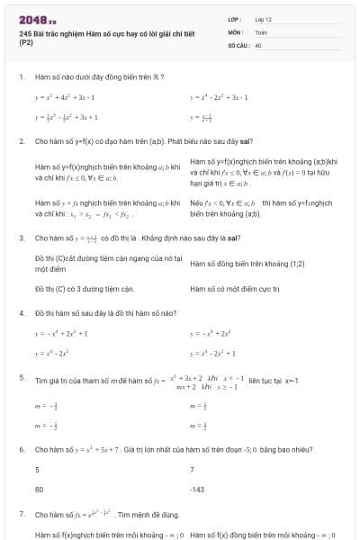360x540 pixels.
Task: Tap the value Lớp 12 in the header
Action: click(264, 19)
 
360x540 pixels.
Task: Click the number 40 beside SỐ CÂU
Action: click(258, 43)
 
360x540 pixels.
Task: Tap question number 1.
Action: click(21, 77)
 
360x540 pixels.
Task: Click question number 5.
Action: click(21, 379)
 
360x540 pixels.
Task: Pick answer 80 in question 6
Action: click(40, 490)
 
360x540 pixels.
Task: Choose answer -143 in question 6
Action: click(198, 490)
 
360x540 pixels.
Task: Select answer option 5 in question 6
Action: click(37, 470)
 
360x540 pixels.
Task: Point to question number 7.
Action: click(21, 514)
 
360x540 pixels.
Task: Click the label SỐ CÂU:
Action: click(238, 43)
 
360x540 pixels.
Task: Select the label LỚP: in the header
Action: click(236, 19)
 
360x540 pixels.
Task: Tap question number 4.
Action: click(21, 312)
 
